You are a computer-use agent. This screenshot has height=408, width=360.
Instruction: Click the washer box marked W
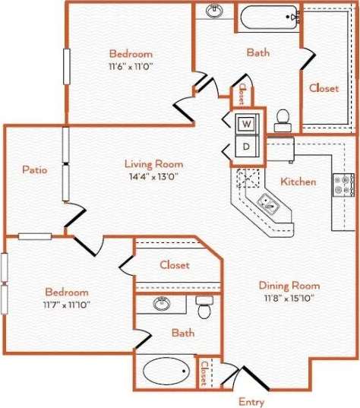(x=248, y=124)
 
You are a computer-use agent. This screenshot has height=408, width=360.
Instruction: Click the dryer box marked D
(x=248, y=145)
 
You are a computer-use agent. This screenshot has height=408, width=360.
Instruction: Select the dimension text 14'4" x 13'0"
(x=151, y=176)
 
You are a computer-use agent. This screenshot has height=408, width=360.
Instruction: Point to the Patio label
(x=34, y=169)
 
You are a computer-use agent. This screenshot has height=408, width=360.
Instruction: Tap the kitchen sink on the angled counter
(x=268, y=202)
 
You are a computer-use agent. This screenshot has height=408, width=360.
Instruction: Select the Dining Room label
(x=289, y=286)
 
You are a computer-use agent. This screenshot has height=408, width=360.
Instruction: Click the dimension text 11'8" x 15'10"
(x=289, y=298)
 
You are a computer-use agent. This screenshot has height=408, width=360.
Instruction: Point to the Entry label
(x=251, y=401)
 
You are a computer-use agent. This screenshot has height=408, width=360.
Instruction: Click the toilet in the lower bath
(x=204, y=308)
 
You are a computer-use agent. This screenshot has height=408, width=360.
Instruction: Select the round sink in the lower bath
(x=162, y=304)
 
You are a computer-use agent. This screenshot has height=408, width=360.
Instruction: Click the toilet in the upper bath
(x=283, y=119)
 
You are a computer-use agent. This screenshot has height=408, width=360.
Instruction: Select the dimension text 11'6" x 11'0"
(x=131, y=67)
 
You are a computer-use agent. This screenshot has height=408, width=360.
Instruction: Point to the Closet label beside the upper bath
(x=324, y=88)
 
